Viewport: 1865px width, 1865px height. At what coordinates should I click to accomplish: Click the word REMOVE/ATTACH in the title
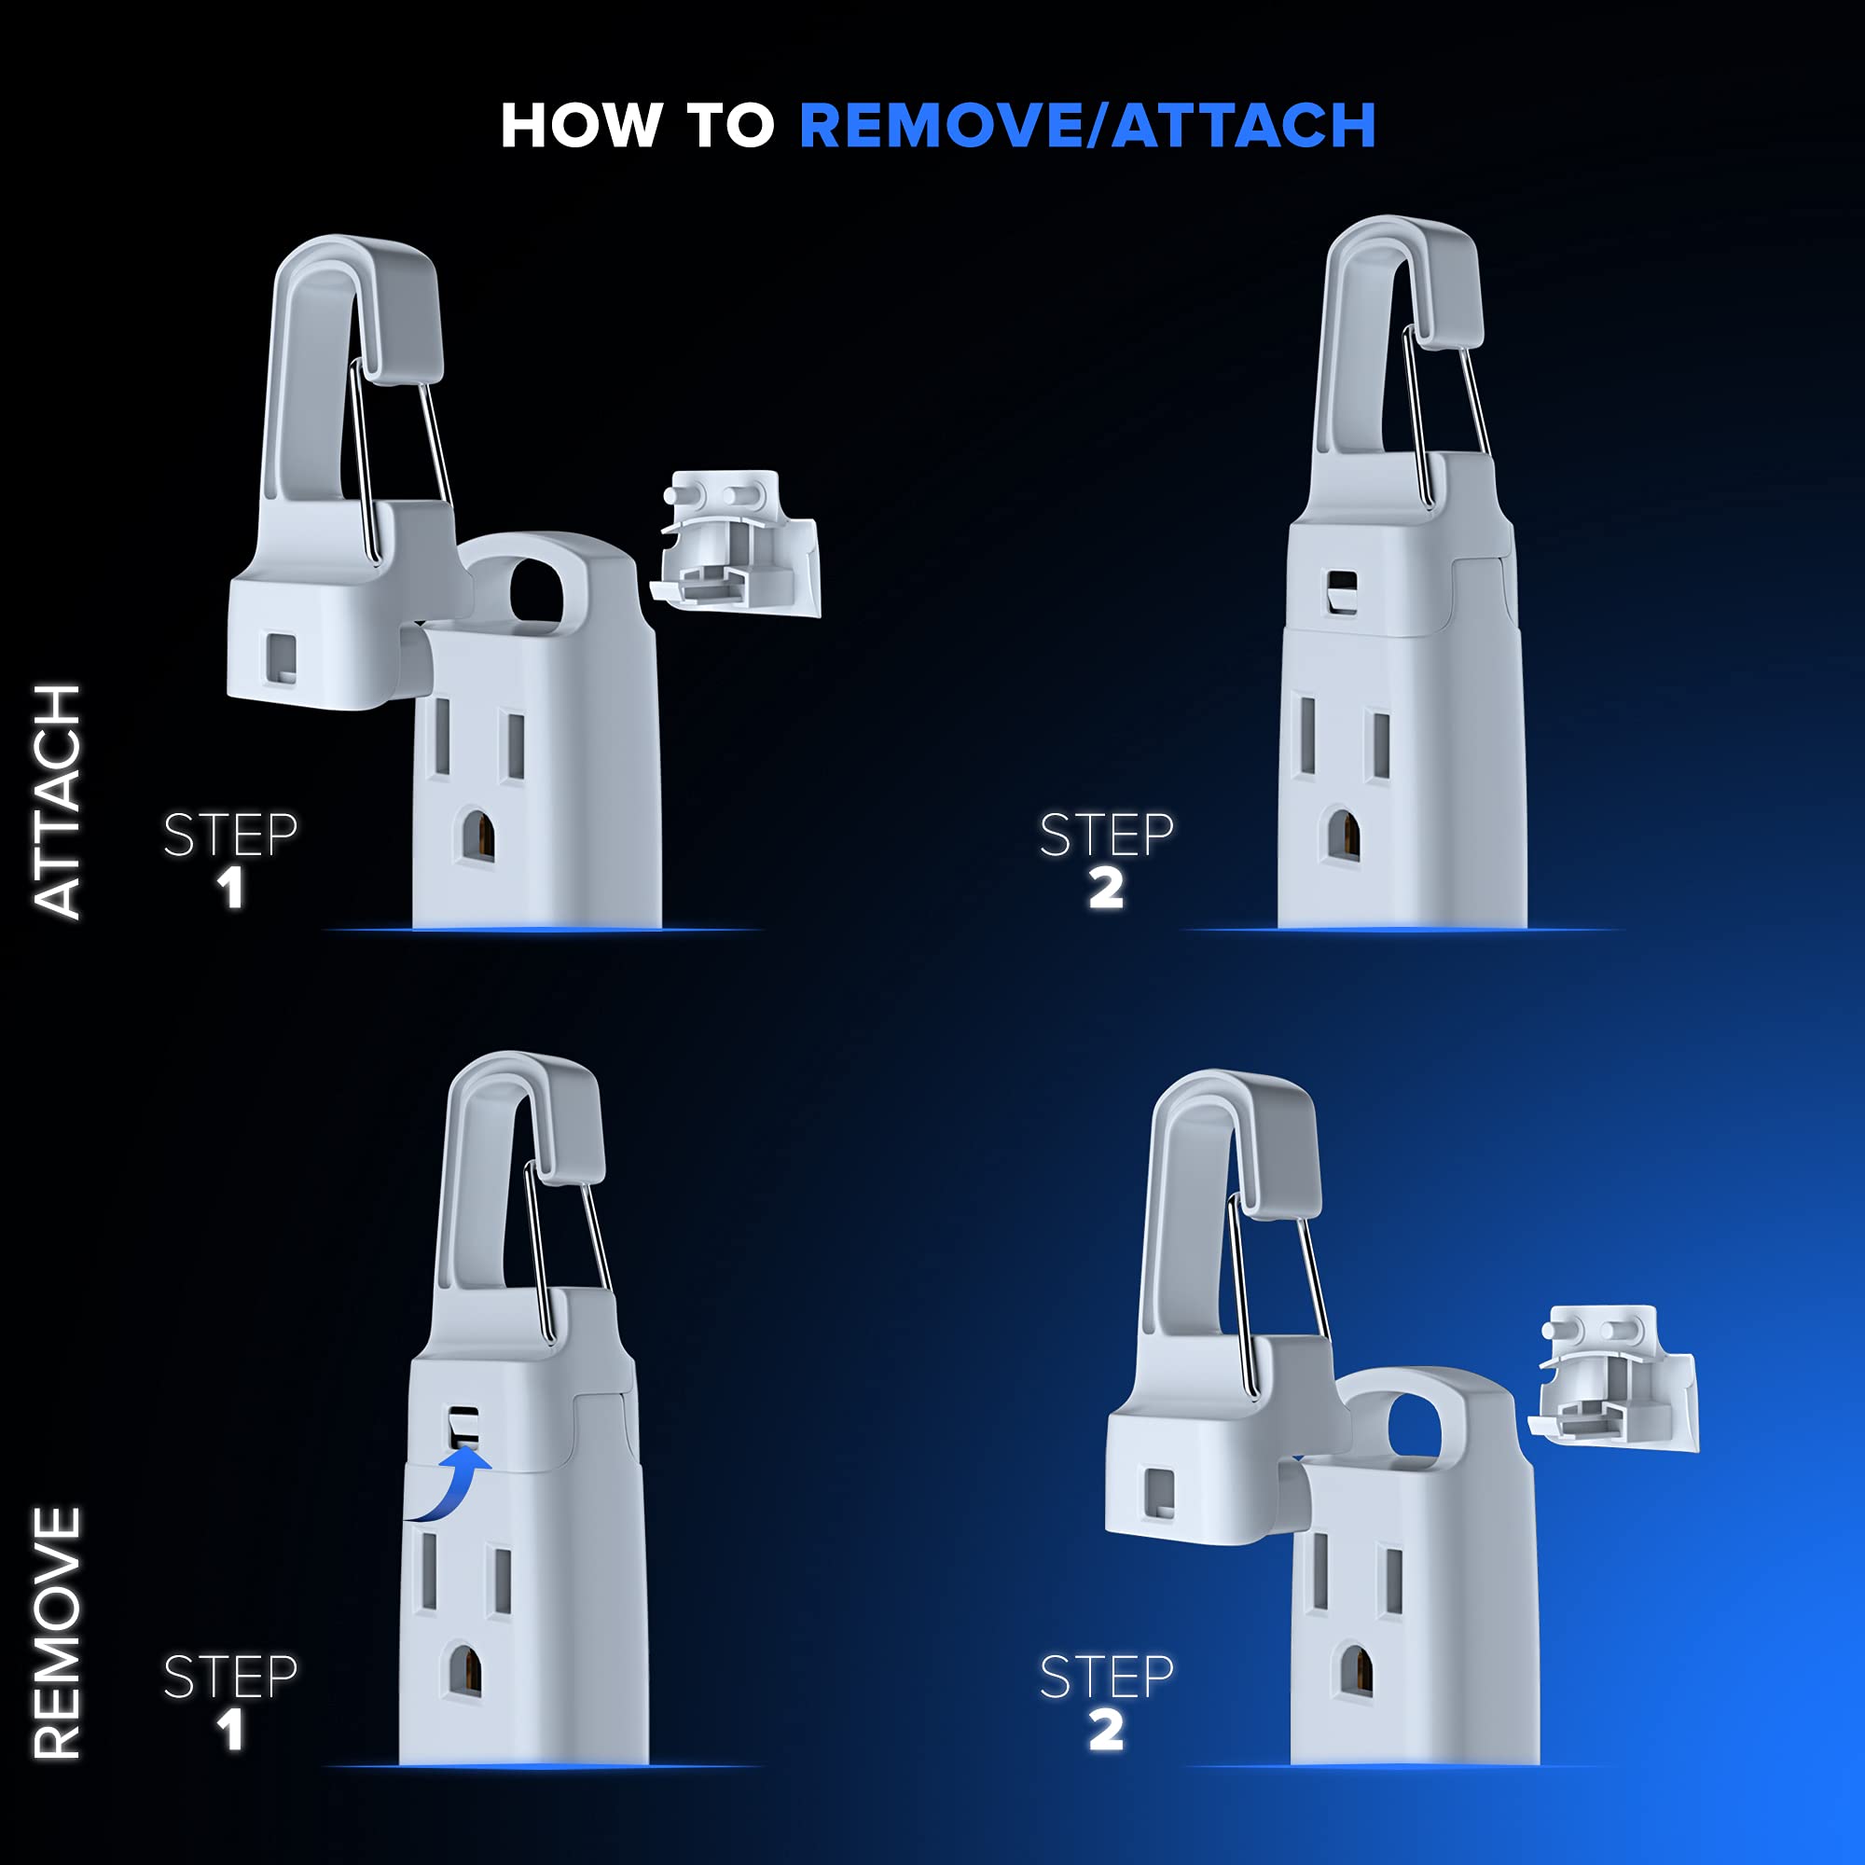1088,127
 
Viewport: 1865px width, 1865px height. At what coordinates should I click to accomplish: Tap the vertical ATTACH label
58,800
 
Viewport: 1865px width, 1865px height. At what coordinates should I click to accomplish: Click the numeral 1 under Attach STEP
229,888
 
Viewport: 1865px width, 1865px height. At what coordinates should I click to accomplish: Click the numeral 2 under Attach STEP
1106,888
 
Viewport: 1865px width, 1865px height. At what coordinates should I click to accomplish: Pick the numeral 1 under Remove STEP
229,1730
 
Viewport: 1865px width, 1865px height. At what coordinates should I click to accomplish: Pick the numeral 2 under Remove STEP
1106,1730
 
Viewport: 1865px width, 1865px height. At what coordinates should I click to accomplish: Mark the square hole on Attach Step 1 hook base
282,658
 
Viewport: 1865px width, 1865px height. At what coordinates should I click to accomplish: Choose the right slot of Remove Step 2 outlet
1392,1582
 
